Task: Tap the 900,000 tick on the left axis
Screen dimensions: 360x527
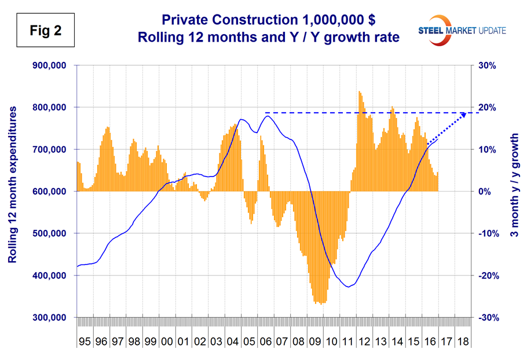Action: point(50,65)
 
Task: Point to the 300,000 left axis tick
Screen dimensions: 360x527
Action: point(50,318)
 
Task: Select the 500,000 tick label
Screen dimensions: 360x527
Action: point(50,234)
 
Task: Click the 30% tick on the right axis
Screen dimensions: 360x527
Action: point(489,65)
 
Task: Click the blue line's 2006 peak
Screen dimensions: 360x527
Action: point(267,116)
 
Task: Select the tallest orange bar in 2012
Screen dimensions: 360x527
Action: point(359,91)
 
